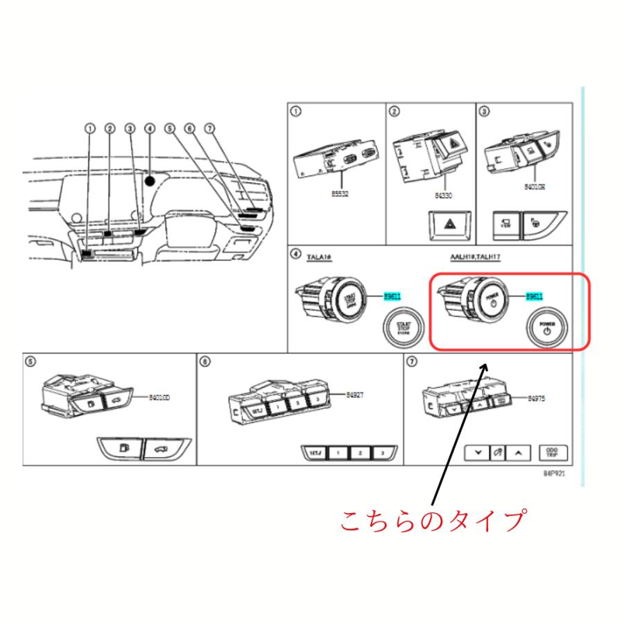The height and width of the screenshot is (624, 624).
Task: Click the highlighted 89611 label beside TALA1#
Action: (x=392, y=297)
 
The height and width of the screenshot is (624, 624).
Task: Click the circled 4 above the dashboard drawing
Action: (x=149, y=128)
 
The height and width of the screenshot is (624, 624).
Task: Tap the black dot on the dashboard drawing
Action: (x=150, y=180)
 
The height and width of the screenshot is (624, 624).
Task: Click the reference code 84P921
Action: (x=555, y=476)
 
